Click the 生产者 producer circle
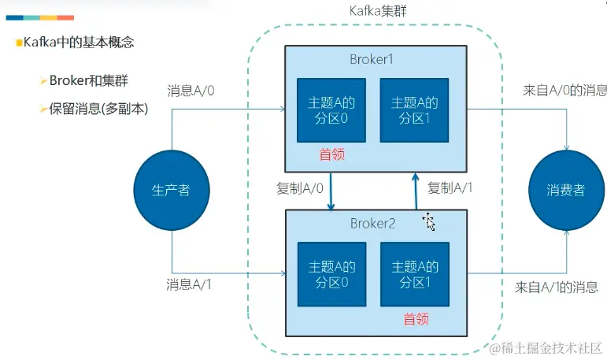171,190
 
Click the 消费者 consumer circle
566,190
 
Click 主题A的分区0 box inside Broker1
331,109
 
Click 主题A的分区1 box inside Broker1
414,109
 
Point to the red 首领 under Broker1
331,154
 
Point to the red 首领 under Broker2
416,319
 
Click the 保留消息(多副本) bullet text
98,109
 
